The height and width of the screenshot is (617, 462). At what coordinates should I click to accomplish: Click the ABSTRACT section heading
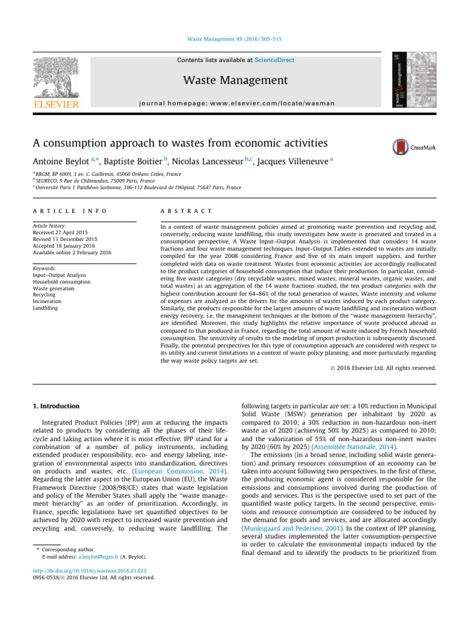point(185,211)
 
